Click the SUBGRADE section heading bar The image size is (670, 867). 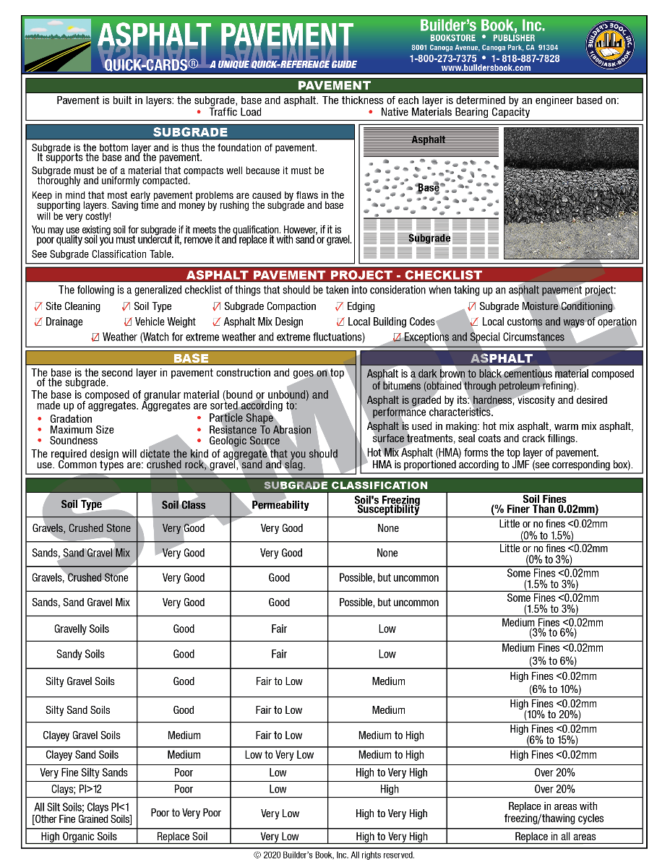(190, 132)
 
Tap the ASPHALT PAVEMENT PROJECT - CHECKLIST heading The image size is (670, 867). (334, 275)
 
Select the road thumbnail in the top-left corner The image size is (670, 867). (57, 45)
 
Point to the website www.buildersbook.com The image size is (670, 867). (485, 68)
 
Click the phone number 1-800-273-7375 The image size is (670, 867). (443, 59)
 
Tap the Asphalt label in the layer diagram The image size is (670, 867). (428, 139)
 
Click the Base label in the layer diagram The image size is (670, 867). (428, 188)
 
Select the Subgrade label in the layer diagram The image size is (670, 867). (429, 238)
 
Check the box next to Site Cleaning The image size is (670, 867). (38, 306)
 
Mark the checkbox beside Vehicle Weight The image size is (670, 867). (128, 322)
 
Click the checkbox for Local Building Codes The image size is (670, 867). (340, 322)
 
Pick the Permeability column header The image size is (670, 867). (280, 505)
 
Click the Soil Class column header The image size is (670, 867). (184, 505)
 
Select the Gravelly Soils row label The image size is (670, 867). (81, 629)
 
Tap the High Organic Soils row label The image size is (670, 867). (79, 837)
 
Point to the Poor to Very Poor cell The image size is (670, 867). (186, 813)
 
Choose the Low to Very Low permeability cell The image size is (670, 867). (279, 755)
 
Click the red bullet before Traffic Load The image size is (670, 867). (199, 113)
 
